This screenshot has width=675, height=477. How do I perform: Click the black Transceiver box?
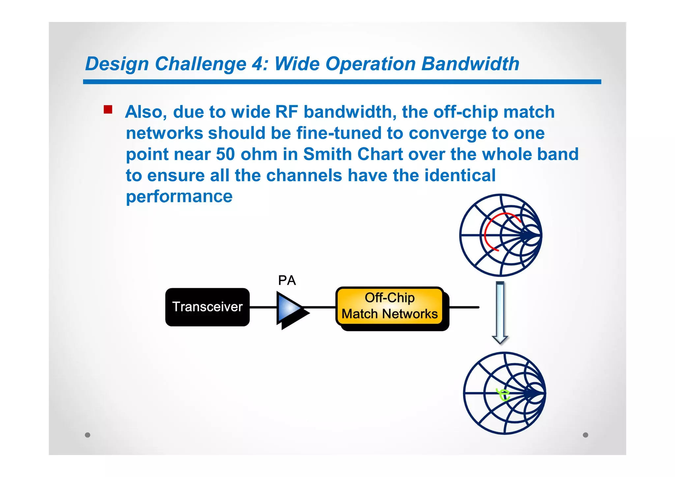(207, 307)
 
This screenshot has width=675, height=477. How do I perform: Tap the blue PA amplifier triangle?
(288, 308)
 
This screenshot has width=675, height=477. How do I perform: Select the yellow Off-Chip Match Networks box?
(390, 306)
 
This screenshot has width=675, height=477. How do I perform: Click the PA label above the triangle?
(287, 280)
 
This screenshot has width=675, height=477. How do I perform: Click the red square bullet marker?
(108, 109)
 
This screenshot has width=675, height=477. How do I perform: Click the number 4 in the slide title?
(258, 64)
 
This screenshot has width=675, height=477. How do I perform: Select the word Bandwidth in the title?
(470, 64)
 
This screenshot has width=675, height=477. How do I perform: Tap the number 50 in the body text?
(225, 154)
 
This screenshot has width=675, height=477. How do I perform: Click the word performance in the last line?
(179, 197)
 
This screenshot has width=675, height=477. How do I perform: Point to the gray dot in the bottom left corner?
(87, 435)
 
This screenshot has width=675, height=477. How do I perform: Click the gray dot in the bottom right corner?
(585, 435)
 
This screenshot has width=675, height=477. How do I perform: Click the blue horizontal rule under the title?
(342, 82)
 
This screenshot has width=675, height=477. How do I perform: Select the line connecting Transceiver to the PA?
(263, 307)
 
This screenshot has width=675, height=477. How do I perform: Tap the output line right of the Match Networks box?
(464, 307)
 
